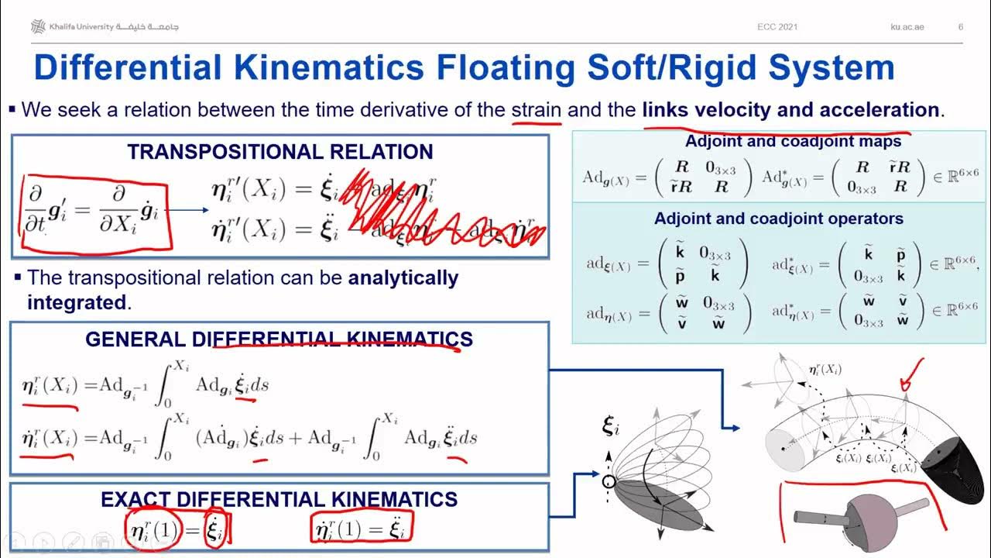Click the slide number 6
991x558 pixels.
(961, 27)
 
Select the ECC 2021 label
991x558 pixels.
(777, 27)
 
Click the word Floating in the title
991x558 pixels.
(506, 68)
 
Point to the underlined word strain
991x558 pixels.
(536, 110)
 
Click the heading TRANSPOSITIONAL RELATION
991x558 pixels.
(280, 152)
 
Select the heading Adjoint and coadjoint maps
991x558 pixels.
(782, 142)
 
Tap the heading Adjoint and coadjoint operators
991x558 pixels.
(779, 219)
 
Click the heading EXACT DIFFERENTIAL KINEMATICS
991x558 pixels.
(279, 500)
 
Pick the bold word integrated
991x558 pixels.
(77, 302)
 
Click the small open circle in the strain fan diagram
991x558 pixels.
(609, 482)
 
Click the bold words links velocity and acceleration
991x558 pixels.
(790, 110)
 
